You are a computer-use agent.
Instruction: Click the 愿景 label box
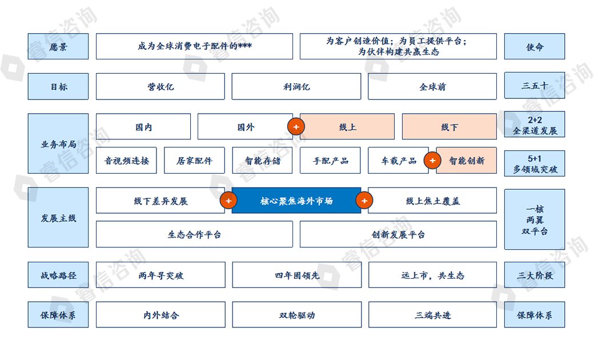pyautogui.click(x=58, y=46)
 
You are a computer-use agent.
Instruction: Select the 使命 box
pyautogui.click(x=534, y=46)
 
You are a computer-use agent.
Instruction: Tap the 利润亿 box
pyautogui.click(x=296, y=86)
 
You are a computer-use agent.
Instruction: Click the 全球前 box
pyautogui.click(x=432, y=86)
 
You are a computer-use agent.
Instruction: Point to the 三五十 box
pyautogui.click(x=534, y=86)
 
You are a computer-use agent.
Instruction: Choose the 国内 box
pyautogui.click(x=143, y=126)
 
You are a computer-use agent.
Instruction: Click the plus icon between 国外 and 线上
pyautogui.click(x=295, y=127)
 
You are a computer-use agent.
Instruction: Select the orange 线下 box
pyautogui.click(x=449, y=126)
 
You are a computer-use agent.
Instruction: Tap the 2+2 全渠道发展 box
pyautogui.click(x=534, y=125)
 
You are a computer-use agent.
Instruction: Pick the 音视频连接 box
pyautogui.click(x=126, y=161)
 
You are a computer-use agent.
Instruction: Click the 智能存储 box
pyautogui.click(x=262, y=161)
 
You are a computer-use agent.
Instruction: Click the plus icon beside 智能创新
pyautogui.click(x=432, y=161)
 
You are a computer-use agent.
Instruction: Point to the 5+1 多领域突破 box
pyautogui.click(x=534, y=164)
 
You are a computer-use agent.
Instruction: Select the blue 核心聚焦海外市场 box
pyautogui.click(x=296, y=201)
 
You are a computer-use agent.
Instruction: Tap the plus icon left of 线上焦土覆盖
pyautogui.click(x=364, y=201)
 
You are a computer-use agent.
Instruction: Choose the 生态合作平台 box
pyautogui.click(x=194, y=234)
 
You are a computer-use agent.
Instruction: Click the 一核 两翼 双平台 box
pyautogui.click(x=534, y=219)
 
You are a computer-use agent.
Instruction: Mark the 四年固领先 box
pyautogui.click(x=296, y=275)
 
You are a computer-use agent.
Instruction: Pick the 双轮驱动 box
pyautogui.click(x=296, y=315)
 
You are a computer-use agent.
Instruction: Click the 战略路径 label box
pyautogui.click(x=58, y=275)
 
